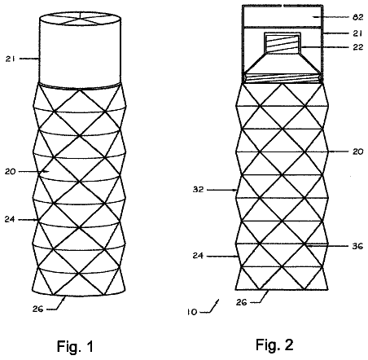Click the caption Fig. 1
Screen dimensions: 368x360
point(75,346)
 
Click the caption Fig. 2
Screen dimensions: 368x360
point(274,345)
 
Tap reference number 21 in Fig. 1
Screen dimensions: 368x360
point(10,59)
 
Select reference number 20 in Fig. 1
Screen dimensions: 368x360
point(10,172)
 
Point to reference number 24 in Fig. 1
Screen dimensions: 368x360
point(10,219)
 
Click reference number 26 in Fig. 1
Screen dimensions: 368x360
point(37,309)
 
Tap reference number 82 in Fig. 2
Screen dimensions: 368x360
point(357,17)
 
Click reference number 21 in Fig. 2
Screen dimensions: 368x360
point(357,33)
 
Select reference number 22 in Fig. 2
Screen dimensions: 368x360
point(357,47)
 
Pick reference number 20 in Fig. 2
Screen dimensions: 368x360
point(357,151)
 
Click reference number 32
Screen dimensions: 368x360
point(198,189)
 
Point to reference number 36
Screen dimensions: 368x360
point(357,246)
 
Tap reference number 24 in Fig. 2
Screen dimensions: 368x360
point(198,256)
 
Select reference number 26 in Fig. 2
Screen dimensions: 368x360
point(241,302)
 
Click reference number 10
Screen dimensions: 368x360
point(192,312)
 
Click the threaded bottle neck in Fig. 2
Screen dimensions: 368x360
point(283,43)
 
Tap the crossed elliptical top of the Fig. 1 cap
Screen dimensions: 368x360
point(80,19)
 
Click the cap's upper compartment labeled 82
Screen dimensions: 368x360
point(283,16)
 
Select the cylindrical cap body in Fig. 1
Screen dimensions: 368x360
point(80,50)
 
